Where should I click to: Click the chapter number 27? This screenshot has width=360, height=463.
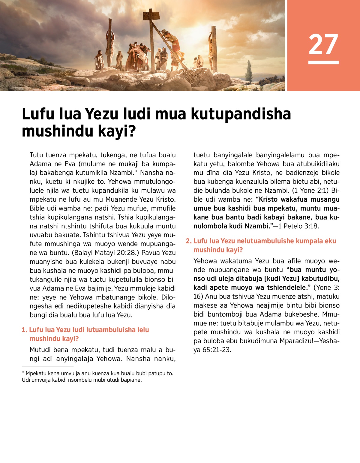tap(323, 44)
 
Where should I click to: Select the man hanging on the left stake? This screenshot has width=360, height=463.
tap(110, 45)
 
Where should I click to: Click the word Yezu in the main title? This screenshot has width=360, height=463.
tap(102, 114)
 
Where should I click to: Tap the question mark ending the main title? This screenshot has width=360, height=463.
tap(132, 131)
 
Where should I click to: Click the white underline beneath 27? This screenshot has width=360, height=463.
tap(323, 62)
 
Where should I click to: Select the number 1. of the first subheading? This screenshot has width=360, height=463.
tap(24, 330)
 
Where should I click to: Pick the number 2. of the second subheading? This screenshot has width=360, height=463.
tap(188, 241)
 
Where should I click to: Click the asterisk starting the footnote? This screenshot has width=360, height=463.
tap(23, 373)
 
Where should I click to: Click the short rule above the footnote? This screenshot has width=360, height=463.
tap(47, 367)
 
